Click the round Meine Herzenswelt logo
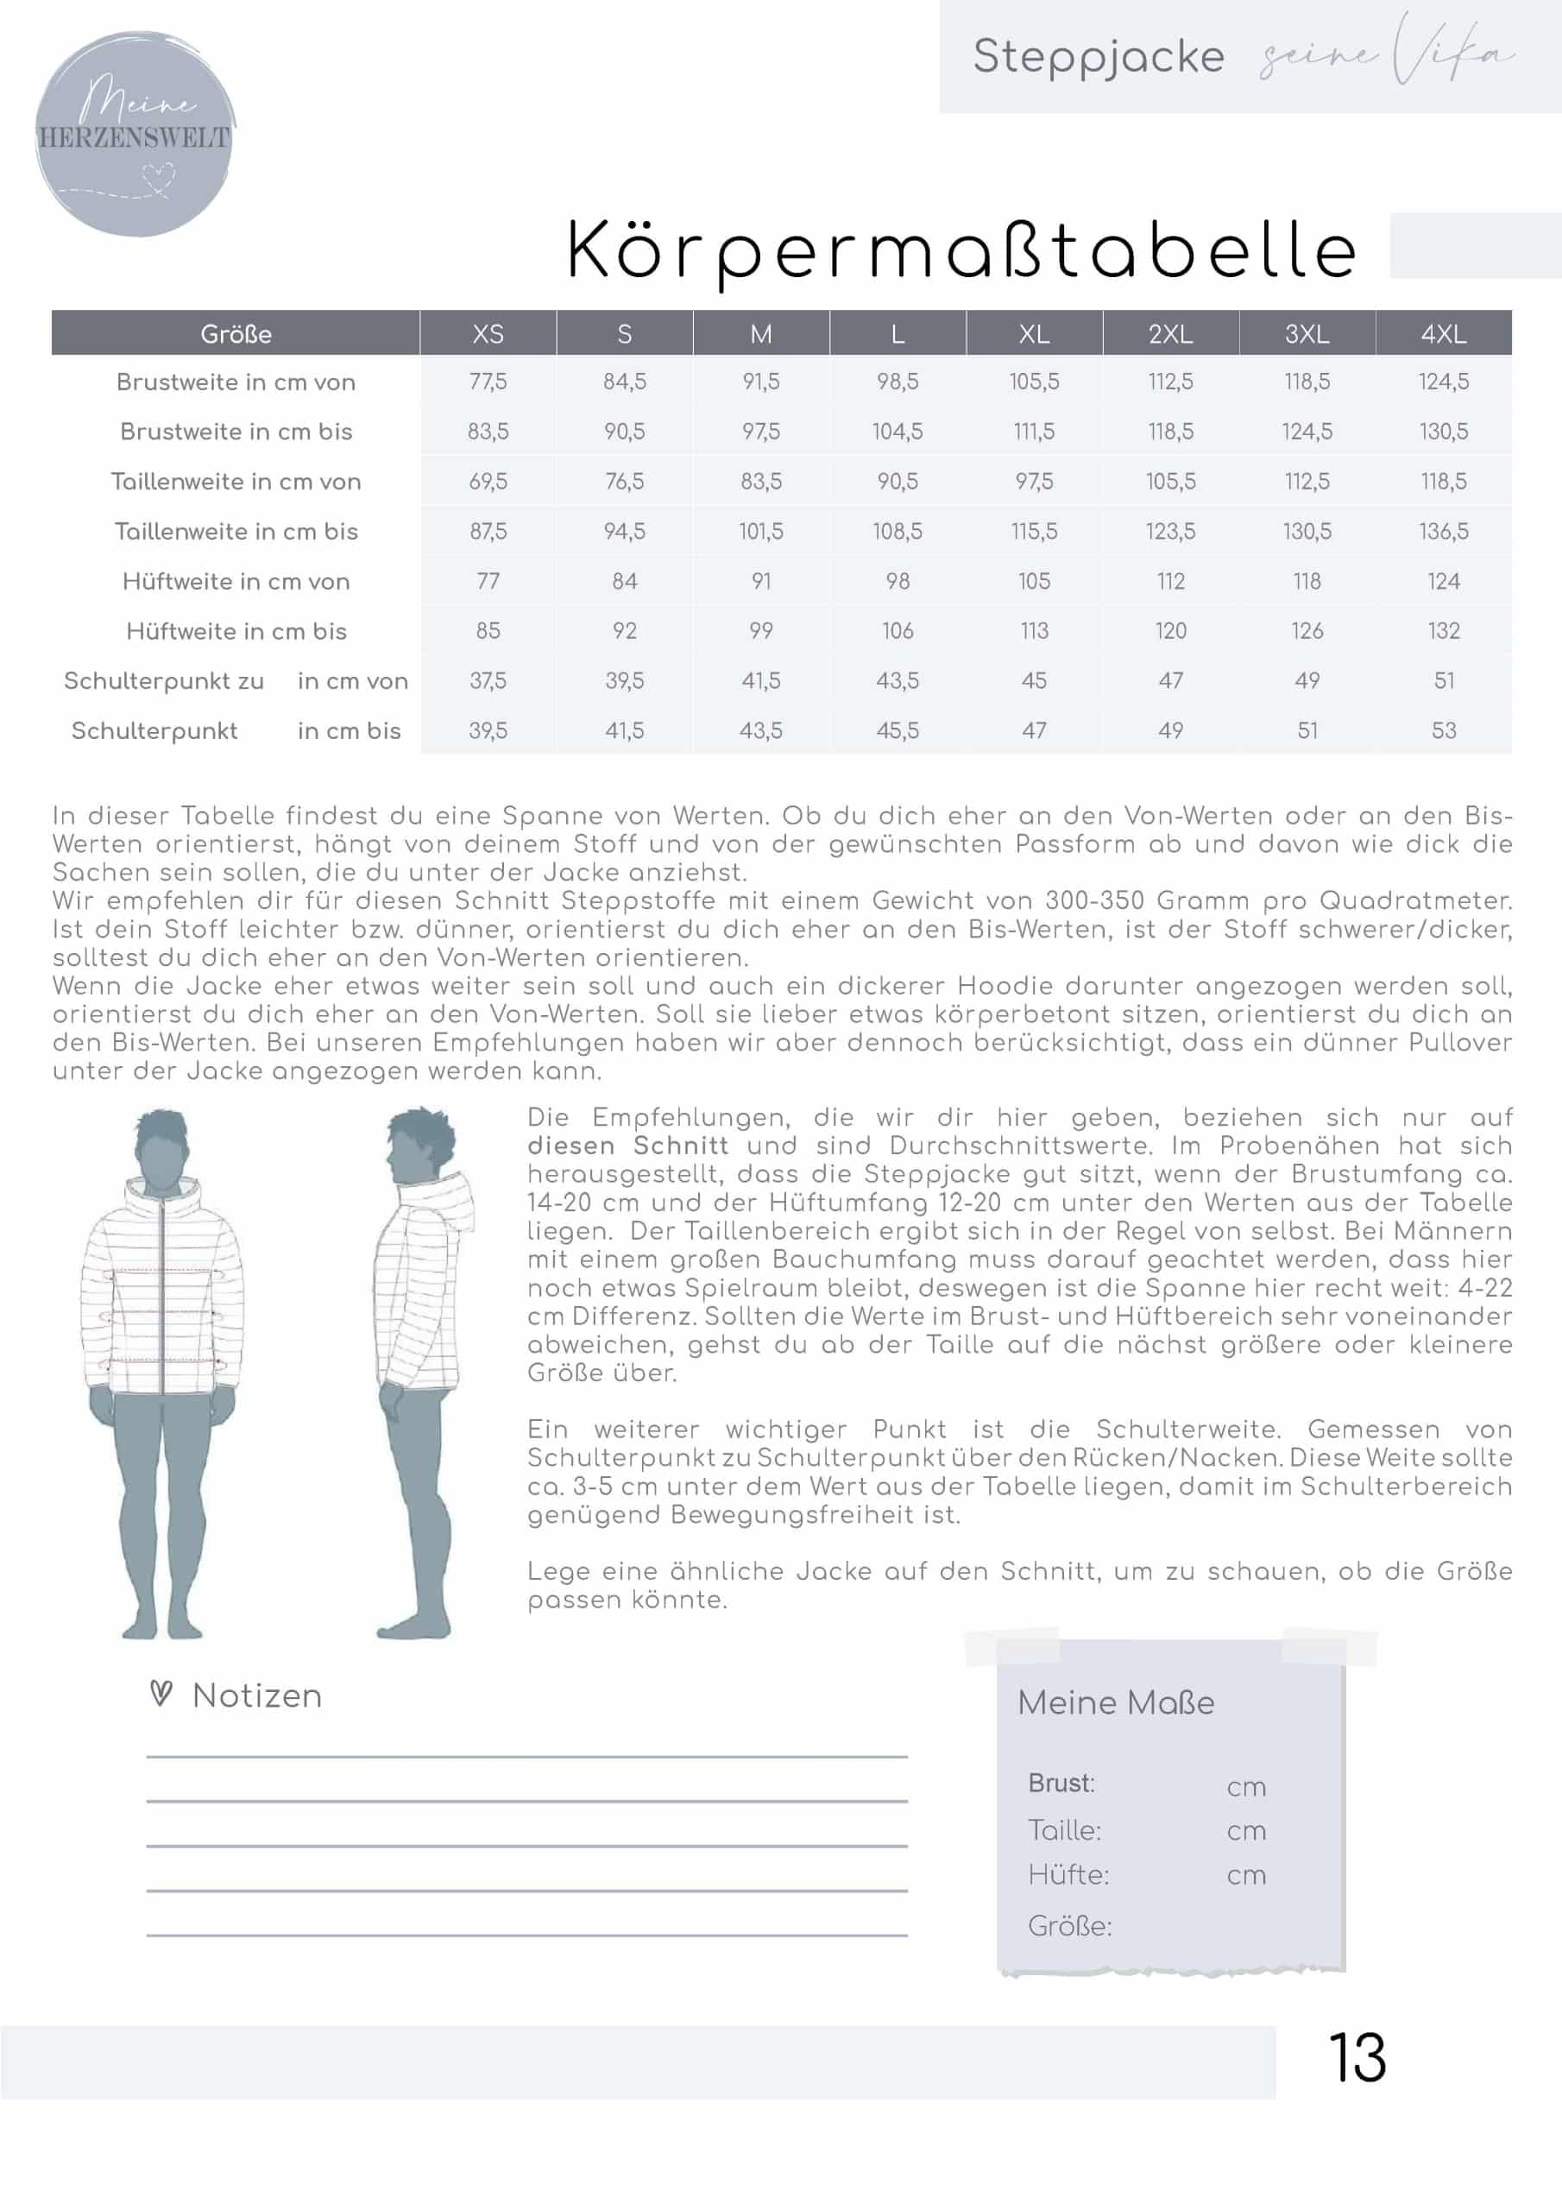pyautogui.click(x=135, y=135)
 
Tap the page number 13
pyautogui.click(x=1357, y=2059)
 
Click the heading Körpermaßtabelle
pyautogui.click(x=961, y=250)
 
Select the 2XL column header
pyautogui.click(x=1170, y=334)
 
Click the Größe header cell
pyautogui.click(x=236, y=334)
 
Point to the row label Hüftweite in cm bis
pyautogui.click(x=236, y=631)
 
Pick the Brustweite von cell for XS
pyautogui.click(x=488, y=382)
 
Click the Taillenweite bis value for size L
pyautogui.click(x=897, y=531)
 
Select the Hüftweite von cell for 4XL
pyautogui.click(x=1444, y=581)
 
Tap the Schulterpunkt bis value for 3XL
pyautogui.click(x=1307, y=730)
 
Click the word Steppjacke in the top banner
pyautogui.click(x=1098, y=56)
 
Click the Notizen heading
pyautogui.click(x=257, y=1696)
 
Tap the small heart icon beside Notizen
pyautogui.click(x=161, y=1694)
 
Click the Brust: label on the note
pyautogui.click(x=1061, y=1784)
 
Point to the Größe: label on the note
pyautogui.click(x=1069, y=1926)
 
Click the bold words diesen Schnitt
pyautogui.click(x=627, y=1146)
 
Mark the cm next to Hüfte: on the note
pyautogui.click(x=1246, y=1875)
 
